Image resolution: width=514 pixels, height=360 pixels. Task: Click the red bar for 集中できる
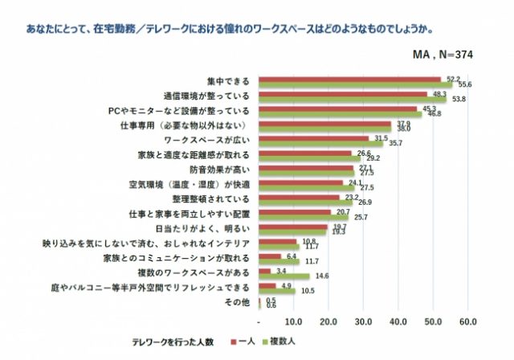click(350, 79)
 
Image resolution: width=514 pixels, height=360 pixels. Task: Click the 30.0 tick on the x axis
click(363, 322)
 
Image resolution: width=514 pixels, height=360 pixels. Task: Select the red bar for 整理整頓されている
click(299, 195)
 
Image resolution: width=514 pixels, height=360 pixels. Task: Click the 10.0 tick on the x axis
click(293, 322)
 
